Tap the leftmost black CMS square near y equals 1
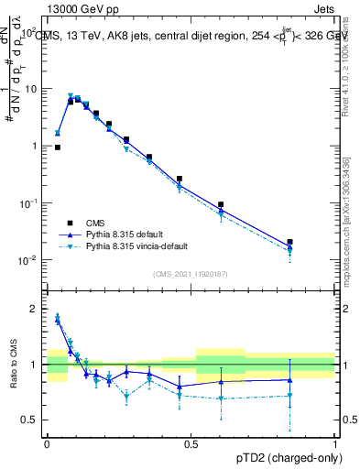[x=58, y=147]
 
